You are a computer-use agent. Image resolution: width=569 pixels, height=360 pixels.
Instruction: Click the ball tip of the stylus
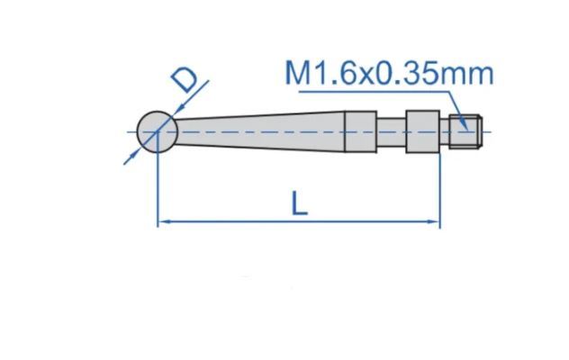(158, 131)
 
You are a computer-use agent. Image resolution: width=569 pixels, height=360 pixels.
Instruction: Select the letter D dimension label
(185, 80)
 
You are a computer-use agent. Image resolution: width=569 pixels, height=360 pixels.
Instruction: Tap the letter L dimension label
(300, 203)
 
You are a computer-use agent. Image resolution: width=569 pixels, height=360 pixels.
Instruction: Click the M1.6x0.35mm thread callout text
(389, 74)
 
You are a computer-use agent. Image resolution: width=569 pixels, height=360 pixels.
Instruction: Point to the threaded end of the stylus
(465, 131)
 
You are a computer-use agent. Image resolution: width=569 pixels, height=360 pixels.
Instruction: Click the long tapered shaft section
(259, 131)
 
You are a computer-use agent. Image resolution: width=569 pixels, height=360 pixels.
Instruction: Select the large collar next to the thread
(423, 131)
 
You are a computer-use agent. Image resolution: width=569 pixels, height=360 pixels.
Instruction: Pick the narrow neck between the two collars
(391, 131)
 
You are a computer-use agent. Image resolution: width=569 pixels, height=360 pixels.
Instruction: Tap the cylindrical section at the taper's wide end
(360, 131)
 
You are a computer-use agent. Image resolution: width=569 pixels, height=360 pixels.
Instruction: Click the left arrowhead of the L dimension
(164, 221)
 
